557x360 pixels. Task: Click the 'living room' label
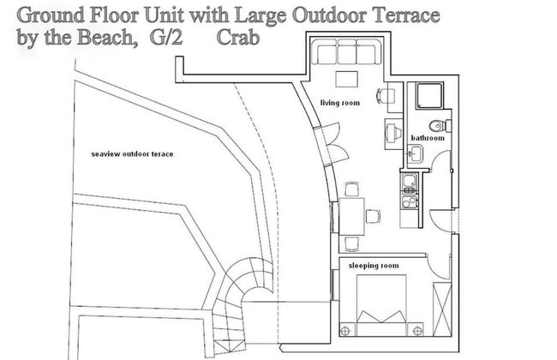(340, 102)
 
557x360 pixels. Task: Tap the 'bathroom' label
(427, 137)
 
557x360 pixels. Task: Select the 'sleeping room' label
(372, 267)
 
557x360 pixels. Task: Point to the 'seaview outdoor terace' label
(132, 153)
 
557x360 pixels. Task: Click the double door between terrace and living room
(321, 146)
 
